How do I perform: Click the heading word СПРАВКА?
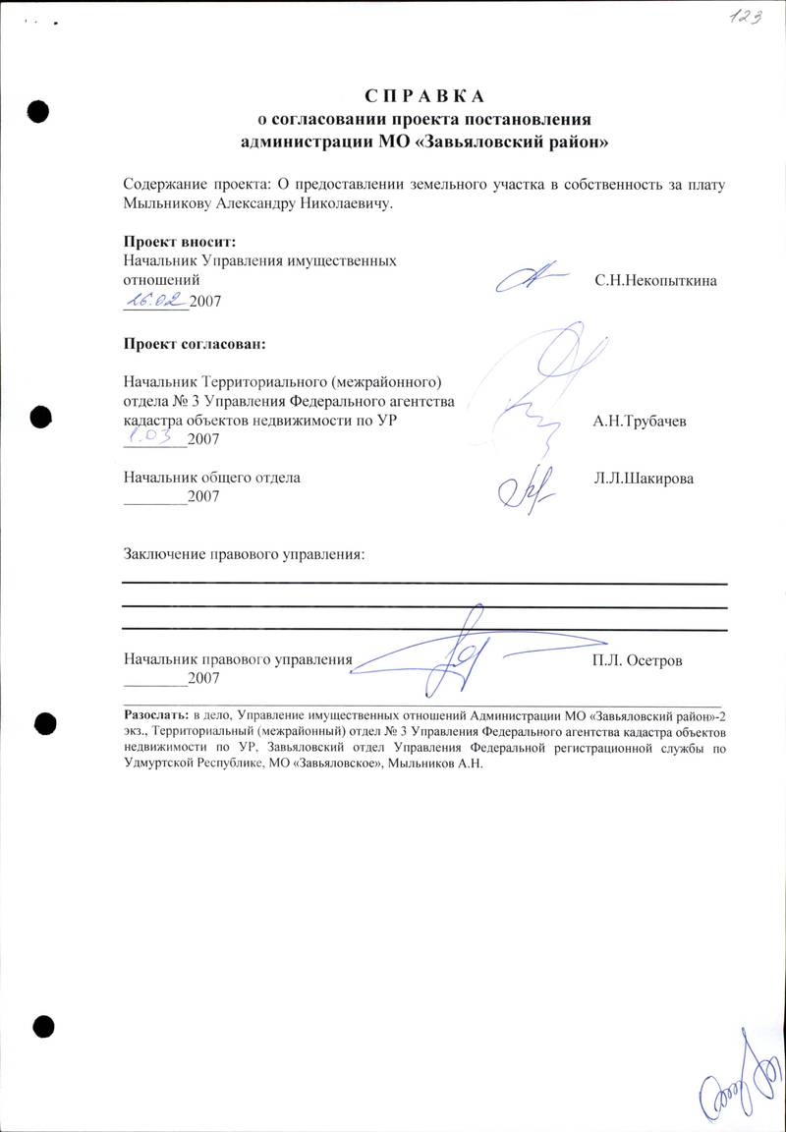tap(424, 96)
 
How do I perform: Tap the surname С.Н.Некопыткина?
tap(655, 281)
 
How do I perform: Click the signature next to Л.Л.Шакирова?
tap(532, 482)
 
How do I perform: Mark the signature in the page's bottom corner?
tap(734, 1087)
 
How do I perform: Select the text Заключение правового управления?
tap(244, 554)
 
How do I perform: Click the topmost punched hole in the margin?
tap(37, 110)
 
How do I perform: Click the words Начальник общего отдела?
tap(212, 479)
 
